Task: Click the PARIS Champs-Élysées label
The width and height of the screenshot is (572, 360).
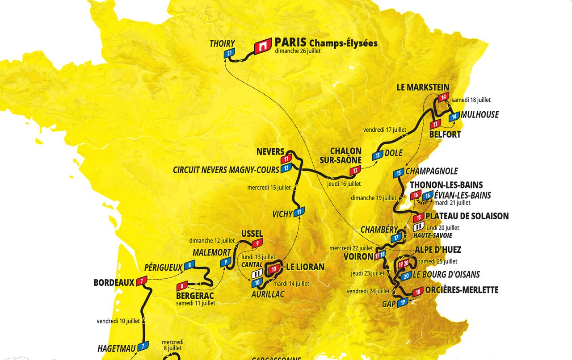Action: coord(326,43)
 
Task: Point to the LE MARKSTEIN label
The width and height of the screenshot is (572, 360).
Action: coord(423,87)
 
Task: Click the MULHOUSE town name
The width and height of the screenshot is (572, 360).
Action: coord(479,115)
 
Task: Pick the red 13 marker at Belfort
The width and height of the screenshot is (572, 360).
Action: coord(436,124)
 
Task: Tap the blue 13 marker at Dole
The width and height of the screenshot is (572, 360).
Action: coord(378,155)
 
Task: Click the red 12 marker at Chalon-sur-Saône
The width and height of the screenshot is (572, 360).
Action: coord(355,170)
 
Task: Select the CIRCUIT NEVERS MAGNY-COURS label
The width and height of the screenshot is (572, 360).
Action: coord(226,170)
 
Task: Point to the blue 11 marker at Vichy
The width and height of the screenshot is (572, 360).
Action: coord(299,212)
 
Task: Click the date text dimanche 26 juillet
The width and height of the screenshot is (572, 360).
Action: coord(298,51)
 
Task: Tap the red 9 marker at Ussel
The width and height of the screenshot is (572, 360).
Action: coord(257,243)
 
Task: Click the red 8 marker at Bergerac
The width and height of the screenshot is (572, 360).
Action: coord(182,286)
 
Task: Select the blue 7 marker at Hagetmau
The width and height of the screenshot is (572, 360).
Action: coord(143,346)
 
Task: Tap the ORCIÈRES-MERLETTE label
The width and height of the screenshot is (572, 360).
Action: coord(462,290)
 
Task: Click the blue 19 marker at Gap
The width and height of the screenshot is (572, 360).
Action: coord(402,302)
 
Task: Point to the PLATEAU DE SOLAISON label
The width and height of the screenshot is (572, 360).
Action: coord(467,216)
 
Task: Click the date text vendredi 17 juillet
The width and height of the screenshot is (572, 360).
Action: coord(384,130)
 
